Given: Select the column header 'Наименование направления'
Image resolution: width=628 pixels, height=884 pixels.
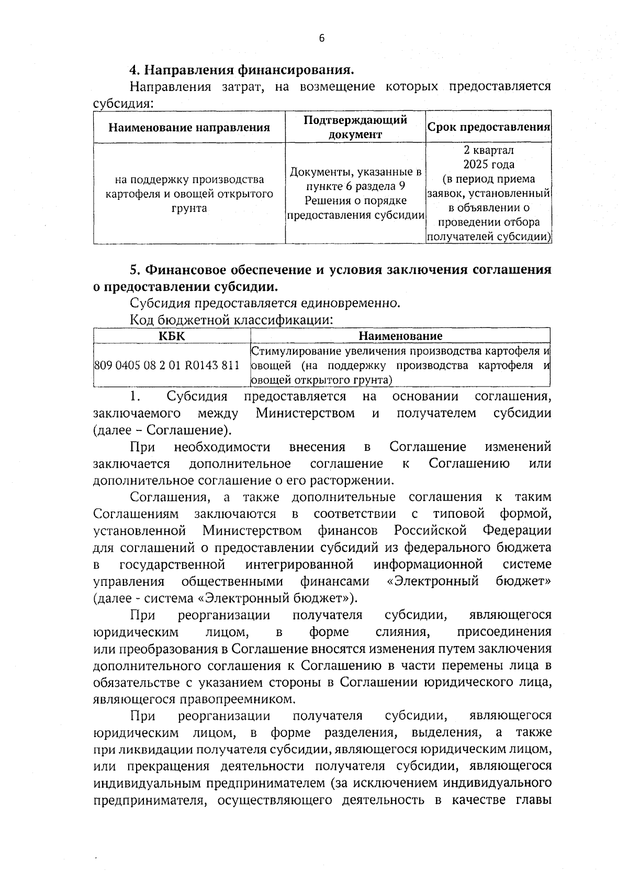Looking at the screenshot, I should coord(189,127).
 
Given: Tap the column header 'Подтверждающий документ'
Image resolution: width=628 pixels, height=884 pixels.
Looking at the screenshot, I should coord(355,127).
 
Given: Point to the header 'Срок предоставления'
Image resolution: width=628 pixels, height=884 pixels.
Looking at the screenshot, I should coord(489,127).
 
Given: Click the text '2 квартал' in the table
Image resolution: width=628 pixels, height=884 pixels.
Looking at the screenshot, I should coord(489,151).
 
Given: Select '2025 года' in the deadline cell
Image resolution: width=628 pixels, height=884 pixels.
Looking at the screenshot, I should coord(489,165).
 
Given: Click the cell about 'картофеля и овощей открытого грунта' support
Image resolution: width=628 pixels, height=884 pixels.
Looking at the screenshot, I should coord(189,194).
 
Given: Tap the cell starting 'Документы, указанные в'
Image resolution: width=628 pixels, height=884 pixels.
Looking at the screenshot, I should coord(355,194).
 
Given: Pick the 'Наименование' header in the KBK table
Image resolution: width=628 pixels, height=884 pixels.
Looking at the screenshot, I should coord(400,336).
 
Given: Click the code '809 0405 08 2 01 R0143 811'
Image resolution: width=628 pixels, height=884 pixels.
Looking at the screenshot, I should coord(166,365).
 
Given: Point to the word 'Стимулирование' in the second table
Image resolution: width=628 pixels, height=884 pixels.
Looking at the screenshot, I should coord(289,351).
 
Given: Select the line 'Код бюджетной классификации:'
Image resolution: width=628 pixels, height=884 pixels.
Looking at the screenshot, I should coord(231,320).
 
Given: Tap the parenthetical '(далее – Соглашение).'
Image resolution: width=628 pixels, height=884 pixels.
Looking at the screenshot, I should coord(162,430).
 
